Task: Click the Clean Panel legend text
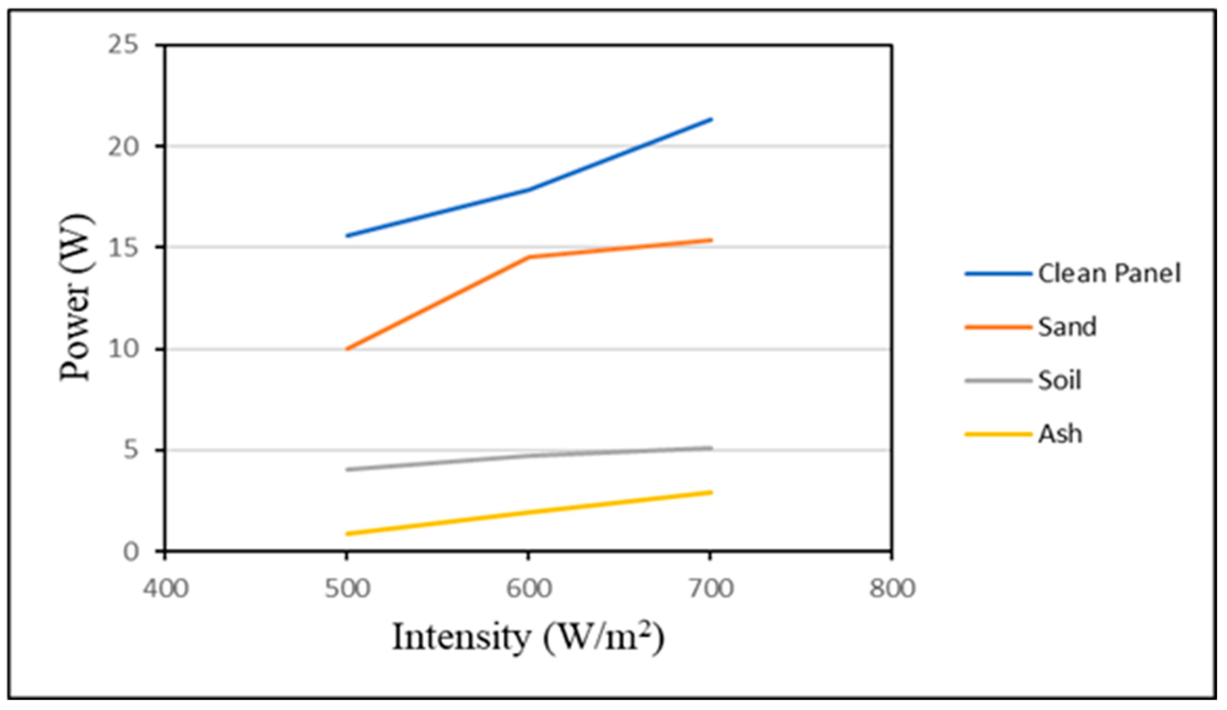click(x=1109, y=274)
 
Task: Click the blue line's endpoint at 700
click(x=711, y=119)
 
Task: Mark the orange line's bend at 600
click(x=529, y=257)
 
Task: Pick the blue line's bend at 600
click(x=529, y=189)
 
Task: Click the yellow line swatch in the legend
click(x=998, y=434)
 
